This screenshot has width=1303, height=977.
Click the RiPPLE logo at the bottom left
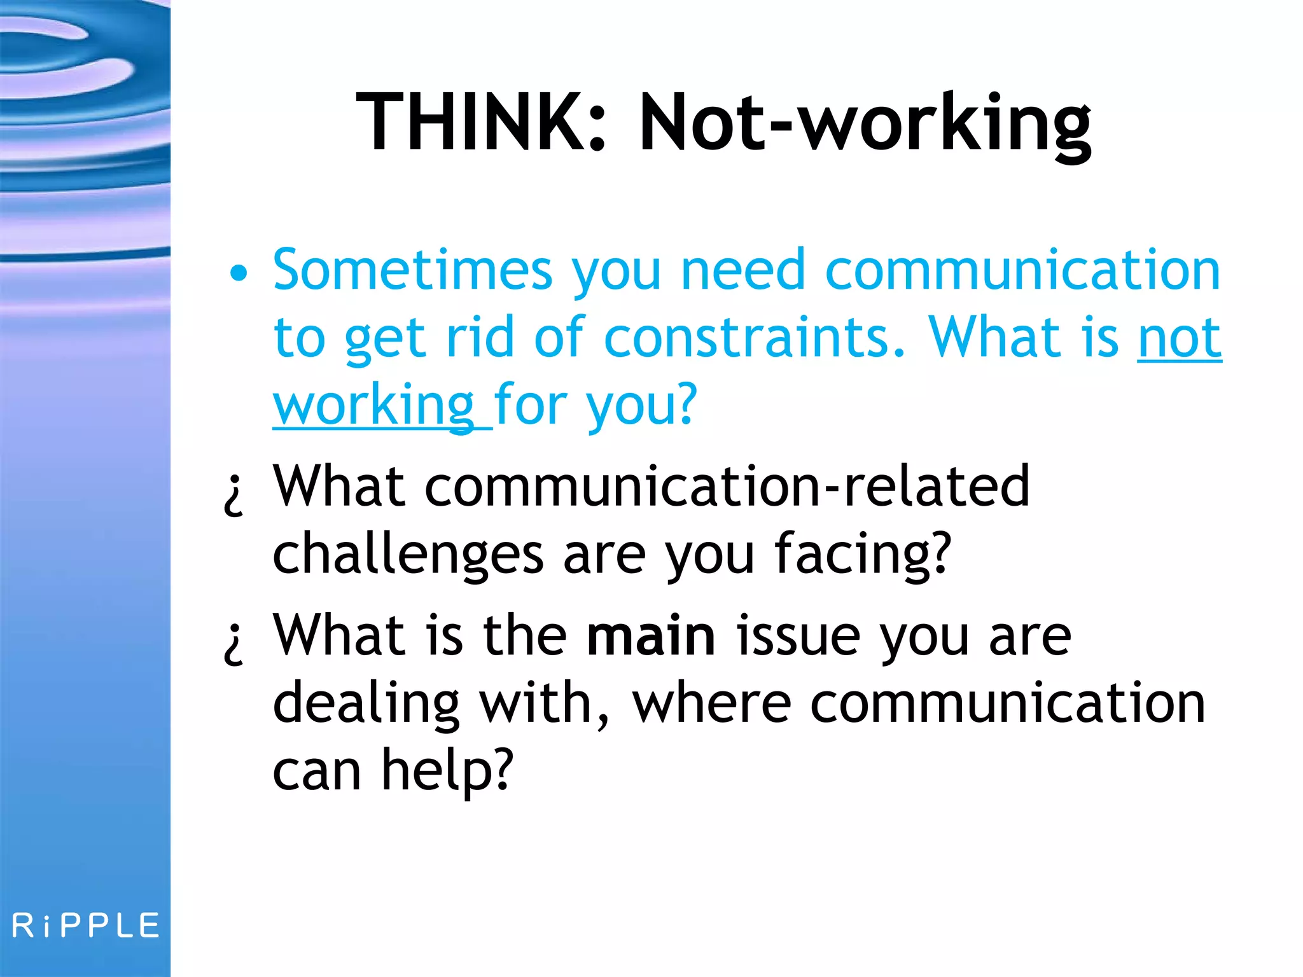click(85, 925)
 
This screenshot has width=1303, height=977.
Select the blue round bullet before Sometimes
click(239, 274)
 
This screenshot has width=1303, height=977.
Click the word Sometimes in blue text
click(412, 270)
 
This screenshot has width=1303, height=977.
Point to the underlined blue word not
click(1179, 338)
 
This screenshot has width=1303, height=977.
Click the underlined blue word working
click(374, 405)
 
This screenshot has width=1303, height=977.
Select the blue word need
click(742, 270)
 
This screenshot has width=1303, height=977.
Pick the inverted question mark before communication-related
click(234, 494)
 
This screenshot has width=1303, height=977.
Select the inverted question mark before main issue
click(234, 642)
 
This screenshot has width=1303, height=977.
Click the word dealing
click(366, 704)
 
